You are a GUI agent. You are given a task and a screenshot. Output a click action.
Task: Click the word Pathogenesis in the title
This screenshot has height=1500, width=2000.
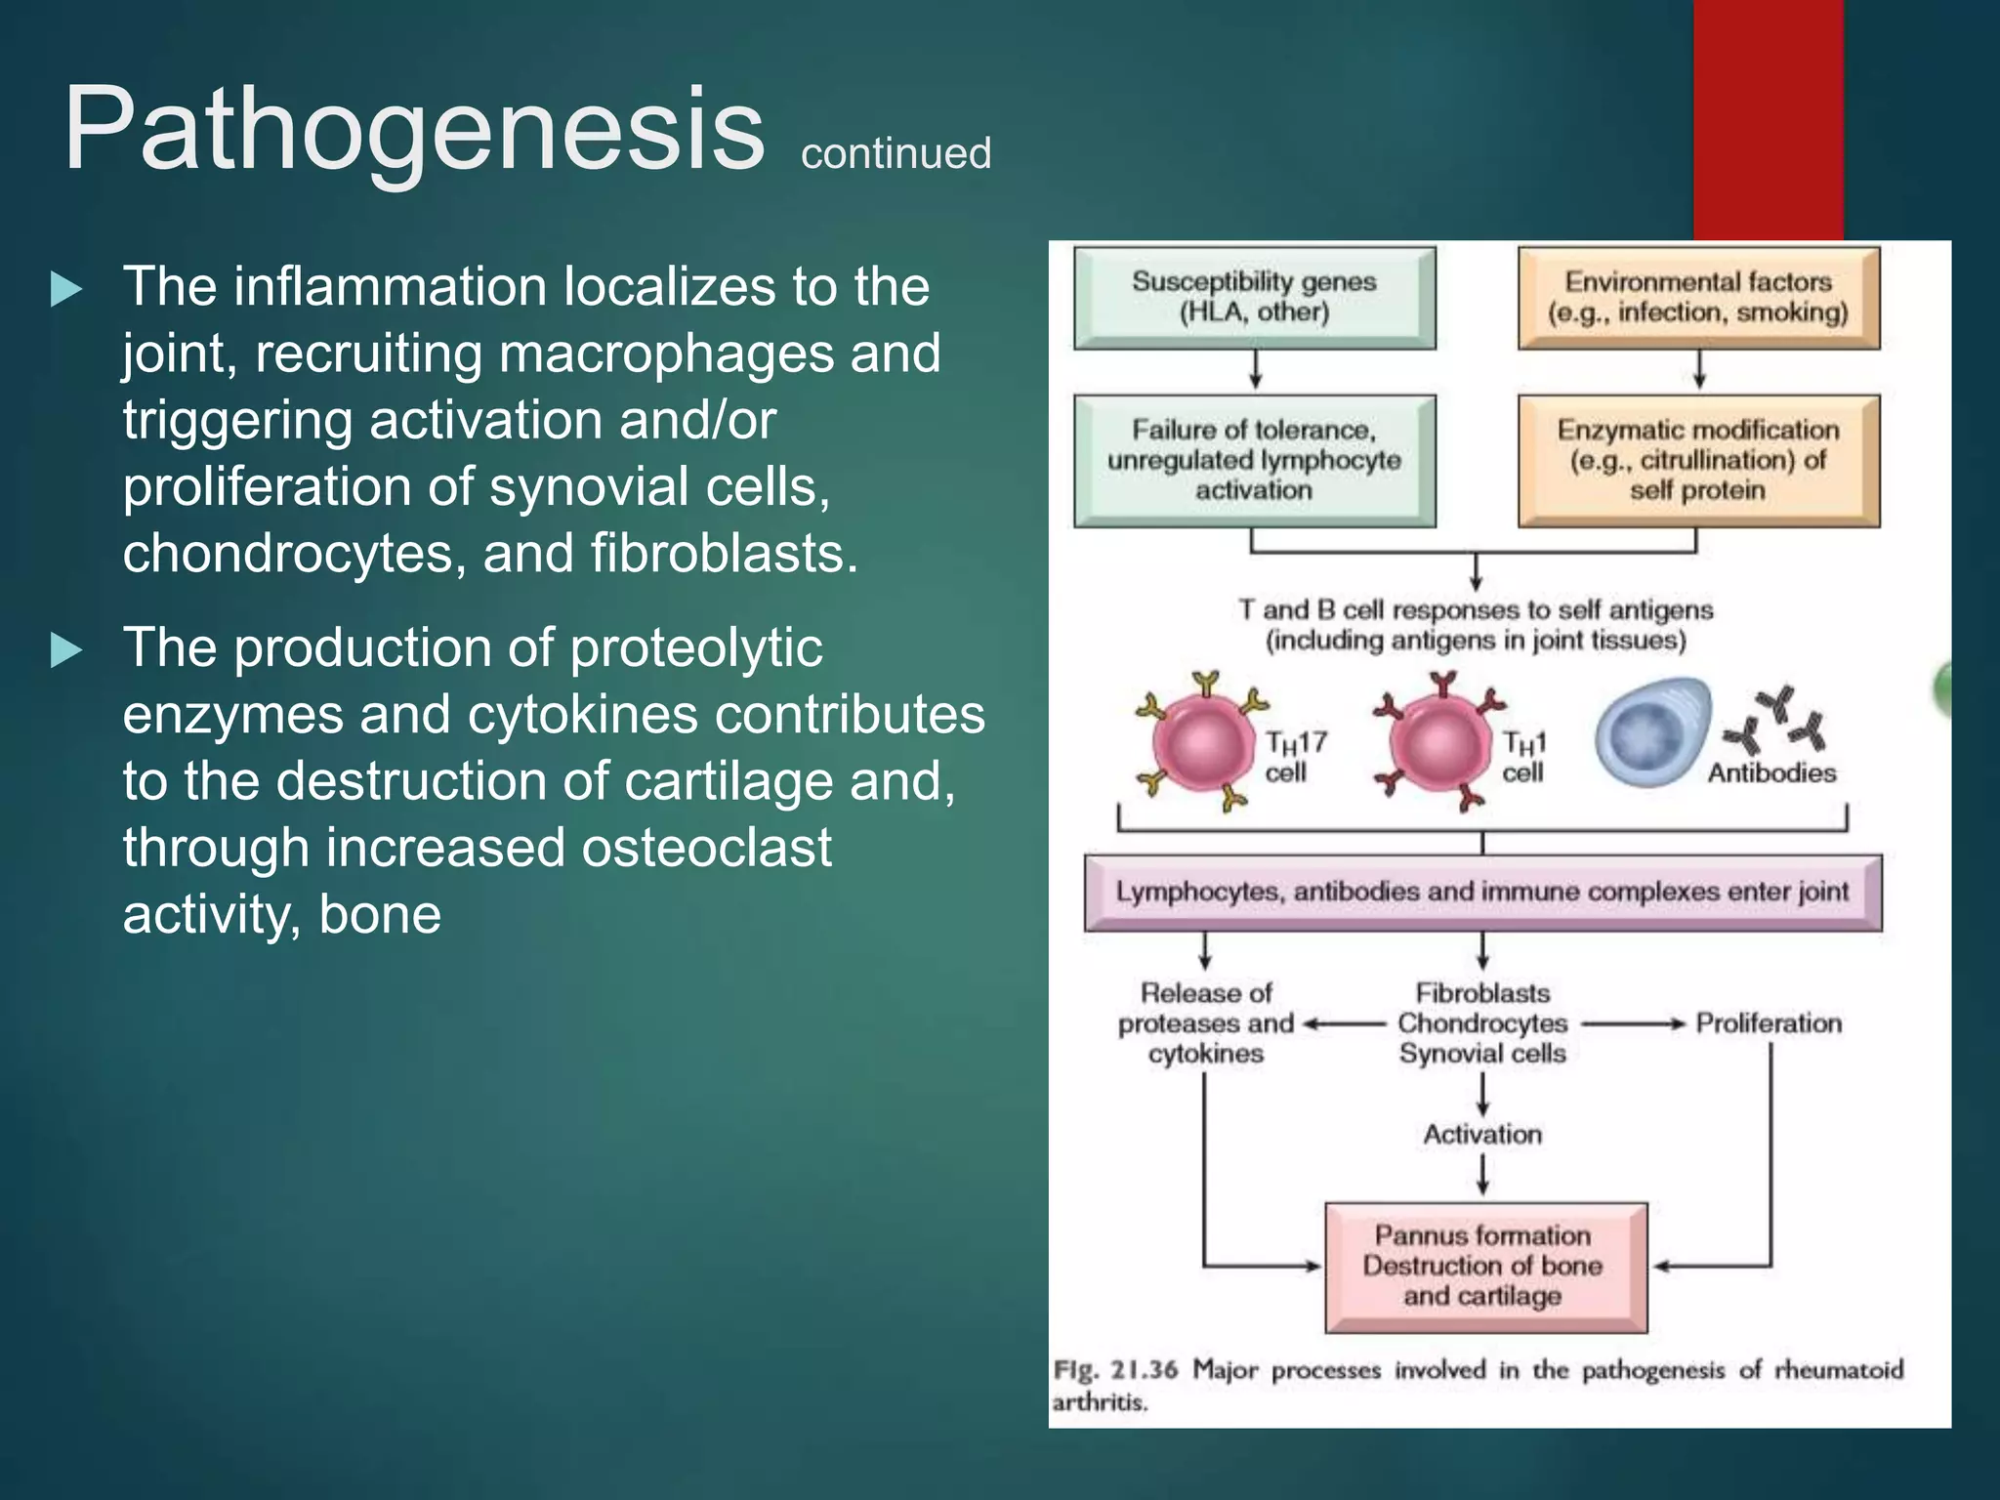click(x=414, y=130)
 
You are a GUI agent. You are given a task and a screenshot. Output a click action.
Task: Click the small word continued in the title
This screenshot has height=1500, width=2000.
click(x=896, y=154)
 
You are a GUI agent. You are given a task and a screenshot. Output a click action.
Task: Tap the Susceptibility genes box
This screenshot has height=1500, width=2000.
click(x=1254, y=297)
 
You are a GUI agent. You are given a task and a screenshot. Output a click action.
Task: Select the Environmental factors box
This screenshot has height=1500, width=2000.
click(x=1697, y=297)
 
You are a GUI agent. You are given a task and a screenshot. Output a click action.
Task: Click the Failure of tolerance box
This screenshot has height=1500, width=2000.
click(x=1254, y=460)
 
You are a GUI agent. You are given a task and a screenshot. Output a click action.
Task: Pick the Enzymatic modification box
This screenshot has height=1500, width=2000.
click(x=1697, y=460)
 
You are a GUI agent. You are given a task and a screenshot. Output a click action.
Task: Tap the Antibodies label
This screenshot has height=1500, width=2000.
click(x=1771, y=773)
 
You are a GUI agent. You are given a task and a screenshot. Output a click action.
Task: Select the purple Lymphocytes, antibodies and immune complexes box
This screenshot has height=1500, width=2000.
click(x=1482, y=892)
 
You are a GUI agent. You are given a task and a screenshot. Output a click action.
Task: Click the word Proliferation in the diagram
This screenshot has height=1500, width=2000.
click(x=1769, y=1023)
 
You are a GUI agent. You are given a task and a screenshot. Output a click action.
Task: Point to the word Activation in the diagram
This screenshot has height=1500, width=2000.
click(x=1482, y=1135)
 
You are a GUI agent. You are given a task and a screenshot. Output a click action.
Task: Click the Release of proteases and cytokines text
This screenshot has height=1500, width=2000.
click(x=1206, y=1023)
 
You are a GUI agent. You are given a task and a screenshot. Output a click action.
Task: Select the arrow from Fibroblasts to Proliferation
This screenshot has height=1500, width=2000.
click(x=1633, y=1024)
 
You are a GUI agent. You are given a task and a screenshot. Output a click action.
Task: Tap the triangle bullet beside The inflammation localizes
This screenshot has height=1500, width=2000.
click(x=65, y=289)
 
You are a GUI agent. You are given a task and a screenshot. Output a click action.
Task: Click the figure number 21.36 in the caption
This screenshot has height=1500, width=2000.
click(x=1144, y=1369)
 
